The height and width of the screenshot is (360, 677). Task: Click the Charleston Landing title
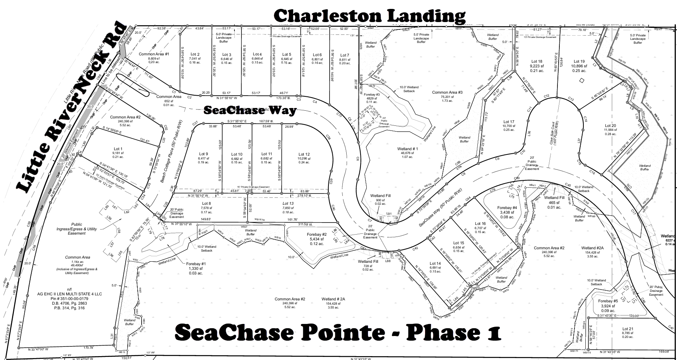pos(369,16)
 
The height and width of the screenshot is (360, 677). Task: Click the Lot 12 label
pos(304,154)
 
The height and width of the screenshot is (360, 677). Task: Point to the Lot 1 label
pos(118,149)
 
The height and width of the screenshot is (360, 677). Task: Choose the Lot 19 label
pos(579,61)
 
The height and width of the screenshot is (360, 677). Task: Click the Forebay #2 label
pos(317,235)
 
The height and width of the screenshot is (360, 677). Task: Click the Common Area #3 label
pos(447,92)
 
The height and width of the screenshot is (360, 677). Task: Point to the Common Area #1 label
pos(154,54)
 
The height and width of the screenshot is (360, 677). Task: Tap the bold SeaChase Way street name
pos(250,110)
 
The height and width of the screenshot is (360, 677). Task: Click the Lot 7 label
pos(344,55)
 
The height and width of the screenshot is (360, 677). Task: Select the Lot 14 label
pos(435,263)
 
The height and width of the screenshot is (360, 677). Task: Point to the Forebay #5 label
pos(608,301)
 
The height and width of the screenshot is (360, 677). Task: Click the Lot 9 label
pos(203,154)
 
